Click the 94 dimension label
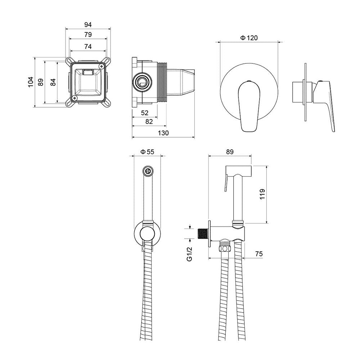[x=88, y=24]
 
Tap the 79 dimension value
[x=88, y=35]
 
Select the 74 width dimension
[x=88, y=46]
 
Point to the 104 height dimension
[x=31, y=82]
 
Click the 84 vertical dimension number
[x=53, y=82]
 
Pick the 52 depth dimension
[x=145, y=113]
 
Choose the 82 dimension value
[x=149, y=121]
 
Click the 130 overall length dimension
[x=163, y=133]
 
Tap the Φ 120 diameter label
[x=249, y=38]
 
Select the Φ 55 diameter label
[x=147, y=152]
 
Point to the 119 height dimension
[x=262, y=194]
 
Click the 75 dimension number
[x=259, y=254]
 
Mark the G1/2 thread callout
[x=189, y=254]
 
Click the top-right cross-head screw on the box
[x=101, y=66]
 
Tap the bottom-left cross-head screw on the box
[x=74, y=98]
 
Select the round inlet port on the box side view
[x=142, y=82]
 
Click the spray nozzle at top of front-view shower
[x=148, y=171]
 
